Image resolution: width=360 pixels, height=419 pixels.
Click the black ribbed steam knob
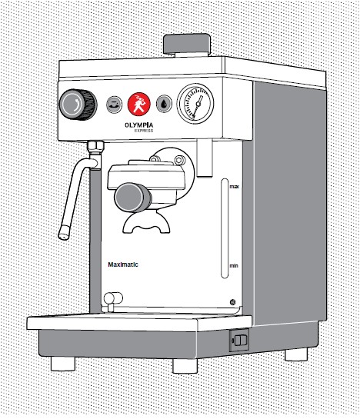click(x=78, y=105)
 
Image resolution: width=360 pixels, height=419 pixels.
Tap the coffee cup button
click(x=114, y=105)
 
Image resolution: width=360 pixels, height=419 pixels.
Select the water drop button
click(x=164, y=104)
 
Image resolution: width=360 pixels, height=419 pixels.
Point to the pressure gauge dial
click(x=195, y=104)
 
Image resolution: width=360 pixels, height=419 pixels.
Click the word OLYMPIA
click(x=139, y=125)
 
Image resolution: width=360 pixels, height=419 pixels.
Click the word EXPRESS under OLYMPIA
click(x=144, y=131)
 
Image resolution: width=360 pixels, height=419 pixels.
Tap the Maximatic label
click(x=123, y=264)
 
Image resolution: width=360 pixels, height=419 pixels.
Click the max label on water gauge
click(x=234, y=187)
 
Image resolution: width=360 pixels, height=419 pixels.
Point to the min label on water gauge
click(x=234, y=266)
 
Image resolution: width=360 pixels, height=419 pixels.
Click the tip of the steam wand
click(x=64, y=236)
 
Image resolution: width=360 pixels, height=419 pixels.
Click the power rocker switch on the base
click(x=241, y=340)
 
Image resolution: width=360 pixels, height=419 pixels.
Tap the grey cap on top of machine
click(x=187, y=44)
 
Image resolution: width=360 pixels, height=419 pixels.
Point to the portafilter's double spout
click(x=146, y=223)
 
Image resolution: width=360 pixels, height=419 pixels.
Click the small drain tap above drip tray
click(x=112, y=300)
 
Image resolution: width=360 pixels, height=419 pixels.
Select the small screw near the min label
click(x=232, y=302)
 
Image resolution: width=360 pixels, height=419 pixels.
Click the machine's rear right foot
click(x=296, y=354)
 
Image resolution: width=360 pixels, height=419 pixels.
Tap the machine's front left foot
click(x=63, y=364)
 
